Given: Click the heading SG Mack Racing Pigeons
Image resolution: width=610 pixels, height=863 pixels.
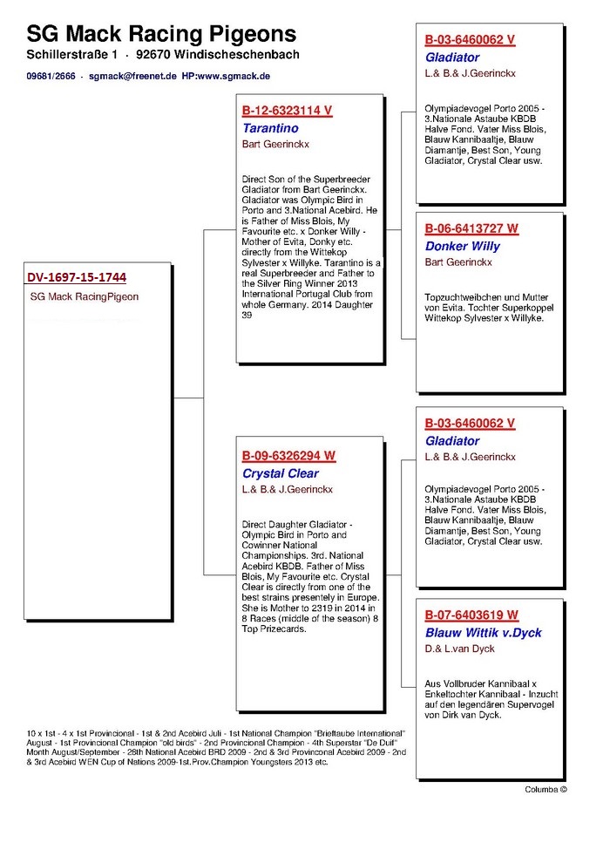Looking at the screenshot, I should (161, 34).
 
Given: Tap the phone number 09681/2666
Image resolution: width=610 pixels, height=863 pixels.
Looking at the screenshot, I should (50, 77).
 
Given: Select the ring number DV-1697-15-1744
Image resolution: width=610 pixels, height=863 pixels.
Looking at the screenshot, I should (77, 278).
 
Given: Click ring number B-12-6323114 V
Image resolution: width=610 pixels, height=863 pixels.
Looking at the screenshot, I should (287, 111).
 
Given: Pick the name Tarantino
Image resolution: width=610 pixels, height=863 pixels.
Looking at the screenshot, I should (271, 127).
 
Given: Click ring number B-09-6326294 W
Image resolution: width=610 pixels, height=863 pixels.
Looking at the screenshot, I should (288, 455).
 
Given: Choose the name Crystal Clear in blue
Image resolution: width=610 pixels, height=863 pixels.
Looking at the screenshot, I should (281, 473).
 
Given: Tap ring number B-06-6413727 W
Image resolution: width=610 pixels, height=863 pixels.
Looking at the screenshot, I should (471, 228).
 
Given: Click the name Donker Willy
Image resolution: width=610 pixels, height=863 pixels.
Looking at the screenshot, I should (463, 246).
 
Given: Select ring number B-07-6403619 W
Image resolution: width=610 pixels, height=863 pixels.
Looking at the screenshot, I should (471, 615).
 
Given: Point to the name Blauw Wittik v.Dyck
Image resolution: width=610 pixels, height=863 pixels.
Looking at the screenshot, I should (484, 633).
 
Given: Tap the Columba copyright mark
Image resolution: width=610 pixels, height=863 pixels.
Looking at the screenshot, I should (546, 790).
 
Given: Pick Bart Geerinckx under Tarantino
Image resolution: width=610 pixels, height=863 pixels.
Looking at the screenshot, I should (276, 144).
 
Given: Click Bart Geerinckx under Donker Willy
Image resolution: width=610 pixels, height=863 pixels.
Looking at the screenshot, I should (458, 262).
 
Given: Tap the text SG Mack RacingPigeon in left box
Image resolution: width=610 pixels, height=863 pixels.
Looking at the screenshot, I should (85, 297).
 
